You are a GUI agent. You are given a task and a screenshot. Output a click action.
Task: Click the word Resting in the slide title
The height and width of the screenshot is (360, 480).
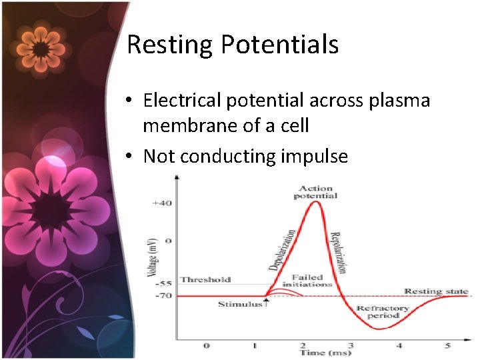(170, 45)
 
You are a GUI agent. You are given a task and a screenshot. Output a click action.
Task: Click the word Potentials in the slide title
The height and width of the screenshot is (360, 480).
(280, 45)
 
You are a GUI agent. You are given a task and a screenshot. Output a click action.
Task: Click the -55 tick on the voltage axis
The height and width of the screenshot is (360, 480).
(164, 283)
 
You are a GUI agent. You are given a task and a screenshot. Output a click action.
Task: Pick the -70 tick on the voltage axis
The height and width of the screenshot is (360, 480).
(164, 295)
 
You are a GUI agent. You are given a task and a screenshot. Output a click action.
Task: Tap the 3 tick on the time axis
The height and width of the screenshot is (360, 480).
(351, 345)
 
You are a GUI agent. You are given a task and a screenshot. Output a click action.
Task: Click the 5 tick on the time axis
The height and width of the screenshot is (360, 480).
(447, 345)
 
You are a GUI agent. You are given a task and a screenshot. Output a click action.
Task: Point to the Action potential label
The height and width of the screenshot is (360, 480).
(316, 192)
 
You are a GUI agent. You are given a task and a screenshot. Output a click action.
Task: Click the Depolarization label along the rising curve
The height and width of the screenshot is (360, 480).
(282, 250)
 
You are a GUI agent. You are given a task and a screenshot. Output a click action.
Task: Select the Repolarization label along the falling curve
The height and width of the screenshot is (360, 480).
(339, 252)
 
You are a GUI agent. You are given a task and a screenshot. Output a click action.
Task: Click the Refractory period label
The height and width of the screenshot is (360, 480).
(382, 312)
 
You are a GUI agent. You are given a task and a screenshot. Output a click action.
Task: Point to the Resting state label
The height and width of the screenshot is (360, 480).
(436, 292)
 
